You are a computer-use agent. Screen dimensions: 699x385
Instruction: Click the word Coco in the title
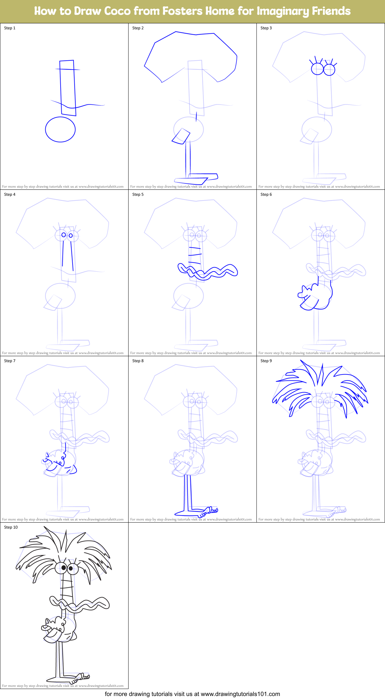pos(117,11)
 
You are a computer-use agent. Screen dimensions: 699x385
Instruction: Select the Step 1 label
pos(10,28)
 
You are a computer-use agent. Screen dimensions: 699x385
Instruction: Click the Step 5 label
pos(138,194)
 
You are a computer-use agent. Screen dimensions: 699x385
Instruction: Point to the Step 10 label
pos(11,527)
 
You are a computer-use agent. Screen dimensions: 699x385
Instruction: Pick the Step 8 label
pos(138,361)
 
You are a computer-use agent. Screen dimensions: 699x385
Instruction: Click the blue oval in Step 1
pos(60,129)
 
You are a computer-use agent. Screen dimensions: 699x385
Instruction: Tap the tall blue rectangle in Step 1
pos(68,88)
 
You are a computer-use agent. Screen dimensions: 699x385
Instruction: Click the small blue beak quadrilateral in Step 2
pos(181,136)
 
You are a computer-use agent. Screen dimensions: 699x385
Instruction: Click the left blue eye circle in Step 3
pos(317,69)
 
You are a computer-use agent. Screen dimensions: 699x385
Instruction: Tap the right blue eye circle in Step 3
pos(329,70)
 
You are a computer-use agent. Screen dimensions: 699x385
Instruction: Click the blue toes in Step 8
pos(211,510)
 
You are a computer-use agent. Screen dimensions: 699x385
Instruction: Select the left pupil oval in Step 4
pos(64,235)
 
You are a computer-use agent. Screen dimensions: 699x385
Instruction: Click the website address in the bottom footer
pos(240,694)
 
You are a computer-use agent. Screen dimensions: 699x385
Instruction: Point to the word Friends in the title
pos(331,11)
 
